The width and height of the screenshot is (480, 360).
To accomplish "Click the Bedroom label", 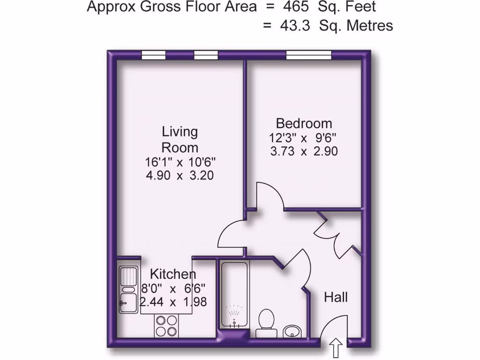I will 304,124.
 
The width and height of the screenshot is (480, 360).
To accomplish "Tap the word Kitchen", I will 173,274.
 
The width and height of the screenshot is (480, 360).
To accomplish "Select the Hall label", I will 336,297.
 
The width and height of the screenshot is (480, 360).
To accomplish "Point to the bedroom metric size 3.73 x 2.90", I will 304,151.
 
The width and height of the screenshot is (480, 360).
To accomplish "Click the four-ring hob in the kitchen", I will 167,325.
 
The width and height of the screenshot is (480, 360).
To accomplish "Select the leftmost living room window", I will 154,55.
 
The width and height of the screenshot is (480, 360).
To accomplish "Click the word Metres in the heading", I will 369,25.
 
